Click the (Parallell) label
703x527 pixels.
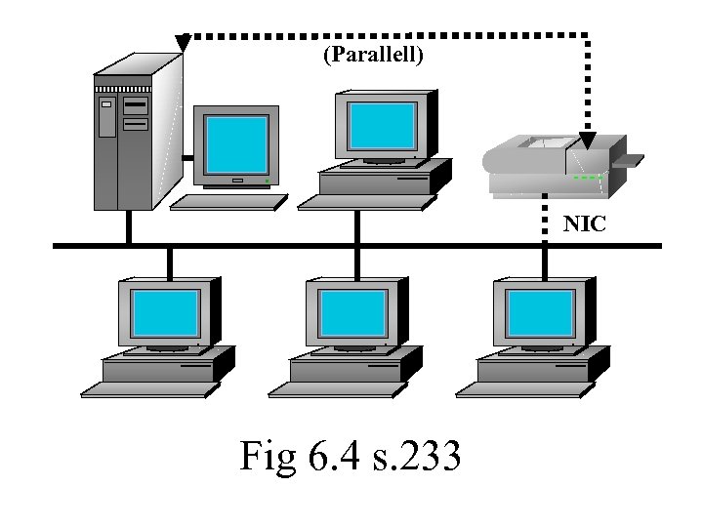pos(373,56)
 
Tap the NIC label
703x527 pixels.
pos(585,224)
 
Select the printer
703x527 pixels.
pos(552,166)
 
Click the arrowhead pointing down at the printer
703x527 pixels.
pos(587,141)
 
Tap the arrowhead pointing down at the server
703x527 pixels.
pos(183,43)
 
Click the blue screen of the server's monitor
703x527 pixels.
pos(235,144)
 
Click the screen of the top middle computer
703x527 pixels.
pos(382,124)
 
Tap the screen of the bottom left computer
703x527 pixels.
pos(165,313)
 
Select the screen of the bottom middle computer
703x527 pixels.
pos(352,313)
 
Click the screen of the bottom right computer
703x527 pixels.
pos(539,313)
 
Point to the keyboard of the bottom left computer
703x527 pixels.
pos(146,389)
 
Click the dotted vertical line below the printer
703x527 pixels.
pos(545,221)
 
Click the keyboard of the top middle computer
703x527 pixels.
pos(365,201)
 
